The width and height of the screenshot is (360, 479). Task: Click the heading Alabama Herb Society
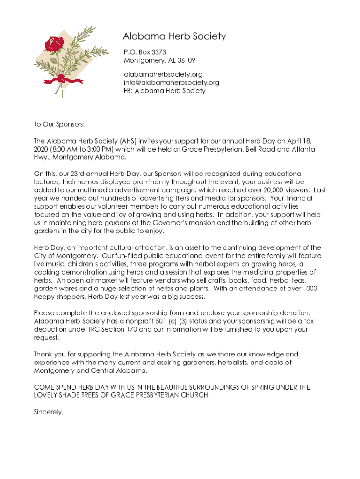point(174,36)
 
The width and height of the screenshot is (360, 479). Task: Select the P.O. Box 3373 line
point(144,52)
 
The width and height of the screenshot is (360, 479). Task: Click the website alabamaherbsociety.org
point(163,74)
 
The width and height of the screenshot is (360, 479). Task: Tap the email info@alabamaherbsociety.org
point(171,82)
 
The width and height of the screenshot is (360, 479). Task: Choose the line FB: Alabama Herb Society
point(164,91)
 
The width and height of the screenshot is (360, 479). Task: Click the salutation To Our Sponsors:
point(59,124)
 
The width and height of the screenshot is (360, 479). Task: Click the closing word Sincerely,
point(48,412)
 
